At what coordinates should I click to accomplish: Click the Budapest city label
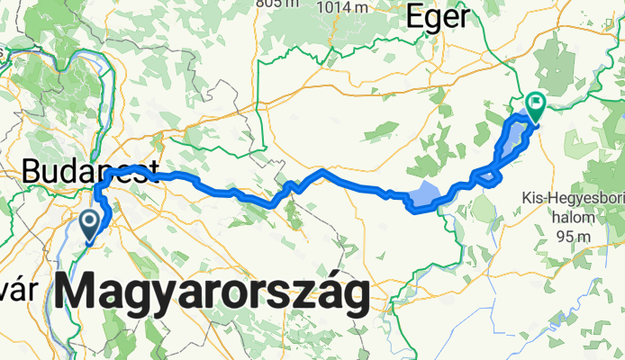90,172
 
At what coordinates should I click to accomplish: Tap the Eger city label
439,16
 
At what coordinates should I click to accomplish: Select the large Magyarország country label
213,293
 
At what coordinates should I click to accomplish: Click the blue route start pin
90,222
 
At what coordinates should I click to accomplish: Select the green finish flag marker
536,106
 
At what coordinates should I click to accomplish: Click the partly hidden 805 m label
276,4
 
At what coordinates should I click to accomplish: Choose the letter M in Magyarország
83,293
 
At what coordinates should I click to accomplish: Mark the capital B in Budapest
35,172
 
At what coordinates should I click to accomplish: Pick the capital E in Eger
417,16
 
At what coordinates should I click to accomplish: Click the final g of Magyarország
354,299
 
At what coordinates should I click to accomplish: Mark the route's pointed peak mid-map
322,169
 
